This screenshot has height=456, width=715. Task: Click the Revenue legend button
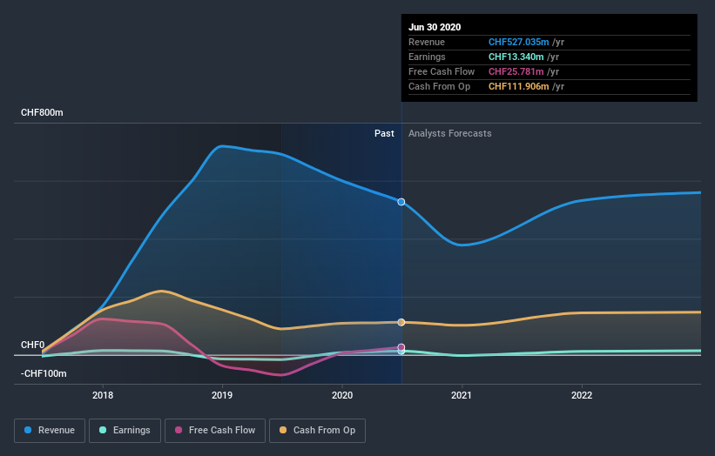pyautogui.click(x=51, y=430)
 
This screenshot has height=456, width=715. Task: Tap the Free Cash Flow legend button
pyautogui.click(x=214, y=430)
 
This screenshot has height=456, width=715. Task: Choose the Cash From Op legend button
pyautogui.click(x=318, y=430)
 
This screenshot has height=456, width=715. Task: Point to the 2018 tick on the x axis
pyautogui.click(x=103, y=394)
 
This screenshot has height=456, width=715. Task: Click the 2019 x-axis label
pyautogui.click(x=222, y=394)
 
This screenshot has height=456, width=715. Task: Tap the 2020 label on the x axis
pyautogui.click(x=342, y=394)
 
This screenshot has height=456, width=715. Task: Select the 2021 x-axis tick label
pyautogui.click(x=462, y=394)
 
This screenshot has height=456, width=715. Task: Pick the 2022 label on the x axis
pyautogui.click(x=581, y=394)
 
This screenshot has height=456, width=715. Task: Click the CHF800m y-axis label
pyautogui.click(x=43, y=113)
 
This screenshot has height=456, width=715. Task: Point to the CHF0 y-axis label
pyautogui.click(x=33, y=345)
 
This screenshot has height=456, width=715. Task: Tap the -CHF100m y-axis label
pyautogui.click(x=44, y=373)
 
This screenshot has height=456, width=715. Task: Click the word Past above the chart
pyautogui.click(x=384, y=134)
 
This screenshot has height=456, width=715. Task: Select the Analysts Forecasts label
pyautogui.click(x=449, y=134)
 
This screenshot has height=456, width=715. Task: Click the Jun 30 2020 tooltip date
pyautogui.click(x=435, y=27)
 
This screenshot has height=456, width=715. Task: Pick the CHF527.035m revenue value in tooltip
pyautogui.click(x=519, y=42)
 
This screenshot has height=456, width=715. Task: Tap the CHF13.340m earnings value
pyautogui.click(x=516, y=57)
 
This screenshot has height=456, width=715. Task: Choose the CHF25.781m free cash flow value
pyautogui.click(x=516, y=71)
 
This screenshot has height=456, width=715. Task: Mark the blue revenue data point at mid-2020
pyautogui.click(x=401, y=202)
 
